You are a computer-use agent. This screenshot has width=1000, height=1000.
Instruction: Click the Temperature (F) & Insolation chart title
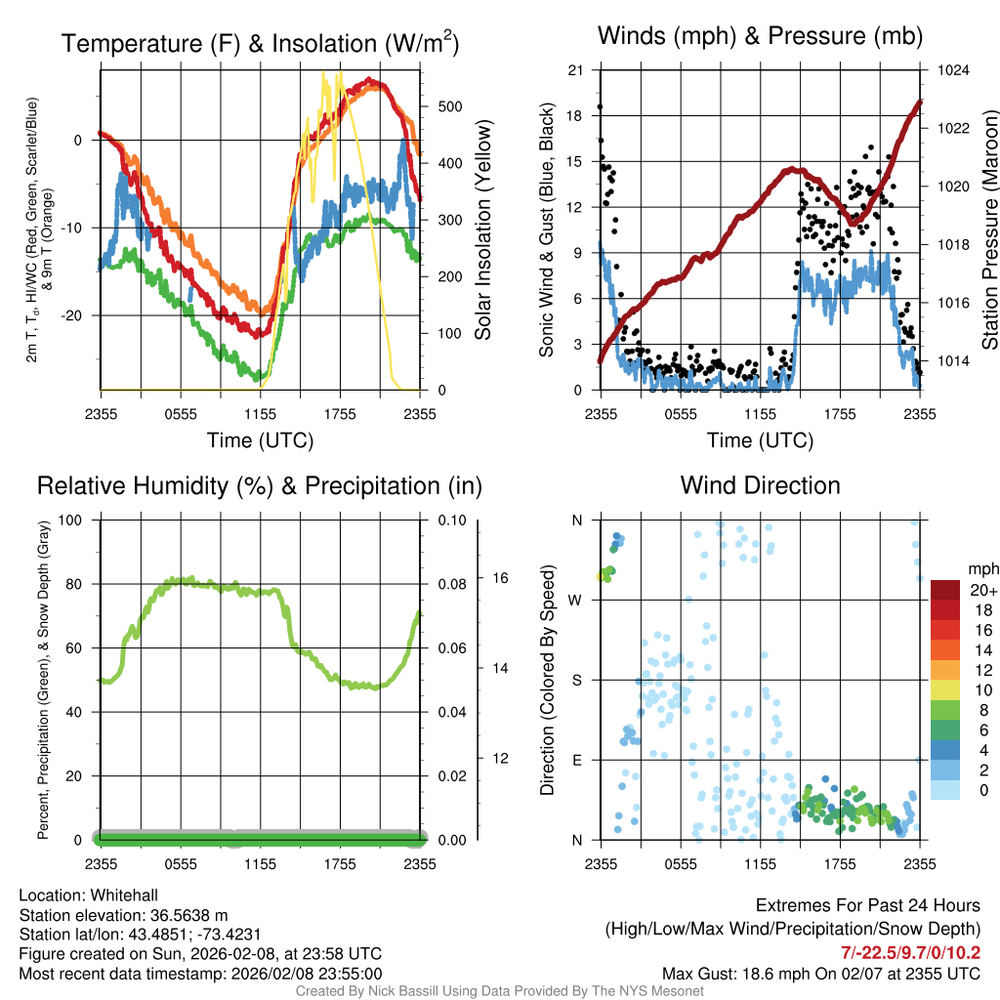coord(260,43)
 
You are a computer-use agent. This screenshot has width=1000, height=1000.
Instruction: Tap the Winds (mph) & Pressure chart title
coord(760,37)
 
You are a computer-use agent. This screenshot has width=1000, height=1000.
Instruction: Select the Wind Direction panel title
coord(760,485)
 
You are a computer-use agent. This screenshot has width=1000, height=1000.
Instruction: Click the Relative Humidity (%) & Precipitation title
coord(260,485)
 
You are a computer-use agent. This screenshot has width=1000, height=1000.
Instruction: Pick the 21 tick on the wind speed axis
coord(576,71)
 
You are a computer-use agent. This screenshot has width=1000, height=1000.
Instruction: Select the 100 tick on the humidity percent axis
coord(70,520)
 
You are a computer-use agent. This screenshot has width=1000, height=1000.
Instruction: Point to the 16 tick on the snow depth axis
coord(499,578)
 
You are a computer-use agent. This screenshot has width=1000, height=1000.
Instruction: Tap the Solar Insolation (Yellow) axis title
coord(483,230)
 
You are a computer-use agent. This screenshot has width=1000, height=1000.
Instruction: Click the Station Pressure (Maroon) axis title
coord(988,230)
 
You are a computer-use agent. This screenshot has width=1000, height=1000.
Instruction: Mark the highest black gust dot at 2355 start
coord(600,106)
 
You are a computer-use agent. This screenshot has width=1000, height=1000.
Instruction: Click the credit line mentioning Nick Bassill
coord(500,991)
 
